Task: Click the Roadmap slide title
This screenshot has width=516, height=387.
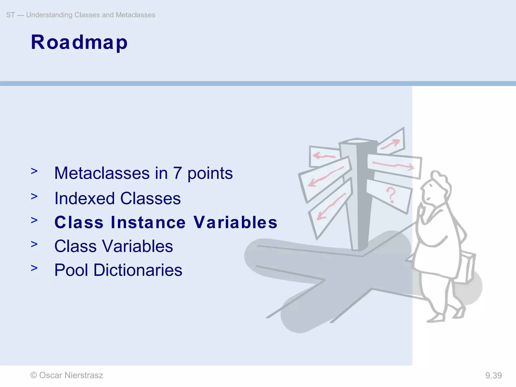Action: [79, 42]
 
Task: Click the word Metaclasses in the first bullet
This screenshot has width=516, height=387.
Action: [102, 173]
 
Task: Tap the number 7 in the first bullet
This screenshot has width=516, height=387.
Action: [177, 173]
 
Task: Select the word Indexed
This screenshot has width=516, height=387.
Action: [85, 199]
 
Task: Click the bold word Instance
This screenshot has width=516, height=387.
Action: [148, 222]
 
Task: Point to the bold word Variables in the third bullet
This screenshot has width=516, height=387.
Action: [235, 222]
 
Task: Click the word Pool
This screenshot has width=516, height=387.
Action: [71, 270]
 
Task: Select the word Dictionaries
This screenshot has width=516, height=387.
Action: [138, 270]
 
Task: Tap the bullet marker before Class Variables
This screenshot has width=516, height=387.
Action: [34, 244]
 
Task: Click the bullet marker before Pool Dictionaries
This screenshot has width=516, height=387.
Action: [34, 268]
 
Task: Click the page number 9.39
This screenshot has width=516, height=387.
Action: [493, 376]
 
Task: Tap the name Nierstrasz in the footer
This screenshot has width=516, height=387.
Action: [84, 375]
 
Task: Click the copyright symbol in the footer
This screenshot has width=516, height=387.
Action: [34, 375]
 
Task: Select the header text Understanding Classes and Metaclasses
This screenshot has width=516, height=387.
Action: [91, 15]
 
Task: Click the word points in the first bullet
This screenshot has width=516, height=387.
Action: [210, 174]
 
